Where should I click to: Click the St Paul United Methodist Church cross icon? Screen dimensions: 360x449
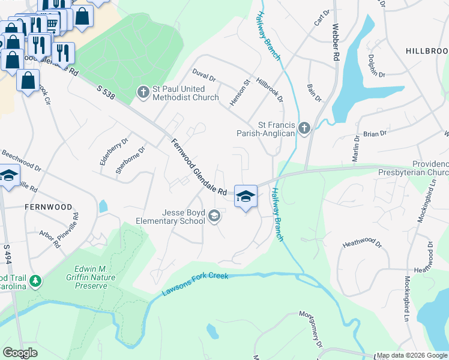(143, 92)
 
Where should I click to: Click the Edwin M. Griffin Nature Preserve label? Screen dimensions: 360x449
(91, 277)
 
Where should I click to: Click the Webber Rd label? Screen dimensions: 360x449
(336, 42)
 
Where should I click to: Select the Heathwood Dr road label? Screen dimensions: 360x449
(362, 244)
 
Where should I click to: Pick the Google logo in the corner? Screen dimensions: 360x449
(20, 353)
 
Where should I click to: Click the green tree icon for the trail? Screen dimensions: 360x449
(36, 281)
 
